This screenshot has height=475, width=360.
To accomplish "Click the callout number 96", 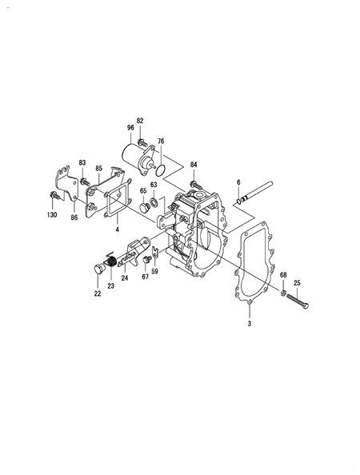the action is coord(130,128).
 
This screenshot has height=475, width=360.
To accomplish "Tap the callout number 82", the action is coord(140,121).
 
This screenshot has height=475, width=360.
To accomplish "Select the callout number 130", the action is coord(52,215).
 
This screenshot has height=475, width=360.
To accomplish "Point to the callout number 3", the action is coord(250,324).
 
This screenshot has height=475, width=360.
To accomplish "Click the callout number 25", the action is coord(298,283).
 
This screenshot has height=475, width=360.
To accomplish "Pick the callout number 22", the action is coord(98,293).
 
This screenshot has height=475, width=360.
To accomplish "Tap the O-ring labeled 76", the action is coord(161,171).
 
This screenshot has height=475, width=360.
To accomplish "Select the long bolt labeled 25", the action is coord(298,301).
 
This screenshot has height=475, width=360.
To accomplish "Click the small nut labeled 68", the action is coord(282,293).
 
